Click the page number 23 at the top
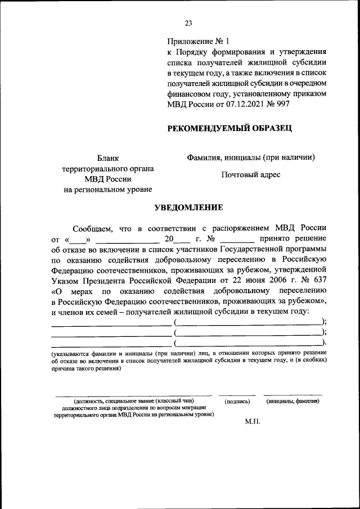(188, 23)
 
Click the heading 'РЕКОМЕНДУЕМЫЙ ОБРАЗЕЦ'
(229, 129)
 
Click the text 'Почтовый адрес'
(250, 175)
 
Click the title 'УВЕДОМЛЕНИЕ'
(189, 208)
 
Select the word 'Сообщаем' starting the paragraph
(94, 228)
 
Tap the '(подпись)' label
(237, 402)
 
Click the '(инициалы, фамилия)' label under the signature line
(293, 402)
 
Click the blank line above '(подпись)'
(237, 394)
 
